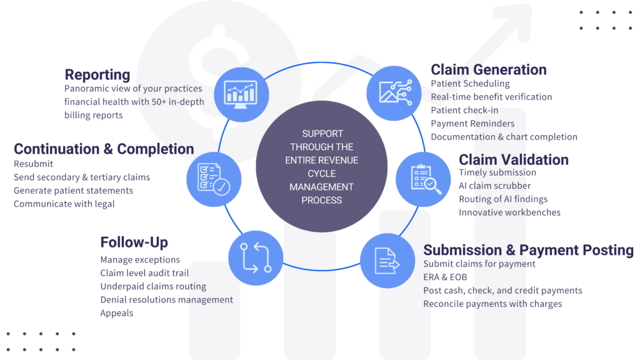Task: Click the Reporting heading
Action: pyautogui.click(x=97, y=75)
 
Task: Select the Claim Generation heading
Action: pyautogui.click(x=489, y=70)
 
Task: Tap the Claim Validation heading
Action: pyautogui.click(x=514, y=159)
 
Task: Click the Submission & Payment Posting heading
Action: pyautogui.click(x=528, y=250)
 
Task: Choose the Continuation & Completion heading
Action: pyautogui.click(x=104, y=149)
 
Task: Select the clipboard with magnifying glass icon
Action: pyautogui.click(x=423, y=179)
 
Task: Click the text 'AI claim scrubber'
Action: pyautogui.click(x=494, y=186)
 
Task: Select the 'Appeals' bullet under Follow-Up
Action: pyautogui.click(x=117, y=312)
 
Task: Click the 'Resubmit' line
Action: pyautogui.click(x=34, y=164)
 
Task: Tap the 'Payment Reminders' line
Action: pyautogui.click(x=472, y=123)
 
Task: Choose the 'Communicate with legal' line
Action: pyautogui.click(x=64, y=204)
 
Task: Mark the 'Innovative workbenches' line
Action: pyautogui.click(x=509, y=212)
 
